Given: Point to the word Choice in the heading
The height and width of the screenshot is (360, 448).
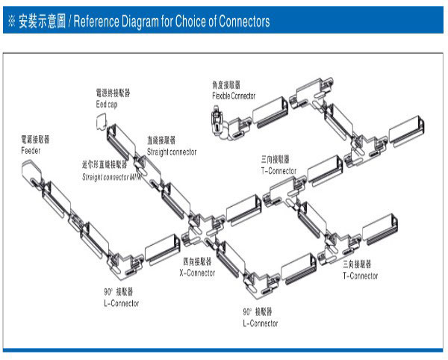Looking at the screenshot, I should [x=199, y=22].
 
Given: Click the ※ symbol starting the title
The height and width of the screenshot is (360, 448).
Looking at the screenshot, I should [x=11, y=22].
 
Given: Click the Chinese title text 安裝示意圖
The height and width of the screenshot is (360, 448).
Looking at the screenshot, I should [x=43, y=22].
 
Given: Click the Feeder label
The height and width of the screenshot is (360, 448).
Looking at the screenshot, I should [x=31, y=150].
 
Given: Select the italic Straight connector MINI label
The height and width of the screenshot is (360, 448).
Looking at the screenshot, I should [x=111, y=177].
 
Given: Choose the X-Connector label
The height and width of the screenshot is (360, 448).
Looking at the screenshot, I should [x=197, y=273].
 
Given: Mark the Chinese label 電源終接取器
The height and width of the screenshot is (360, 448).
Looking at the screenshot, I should [x=113, y=93].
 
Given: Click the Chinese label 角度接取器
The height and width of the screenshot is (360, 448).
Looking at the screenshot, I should [x=226, y=86].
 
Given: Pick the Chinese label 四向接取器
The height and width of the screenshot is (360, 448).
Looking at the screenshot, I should [x=197, y=263].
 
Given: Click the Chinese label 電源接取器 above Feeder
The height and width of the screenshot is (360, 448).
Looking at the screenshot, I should [x=36, y=140].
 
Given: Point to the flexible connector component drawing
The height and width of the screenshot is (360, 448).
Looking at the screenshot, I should [x=220, y=120].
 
